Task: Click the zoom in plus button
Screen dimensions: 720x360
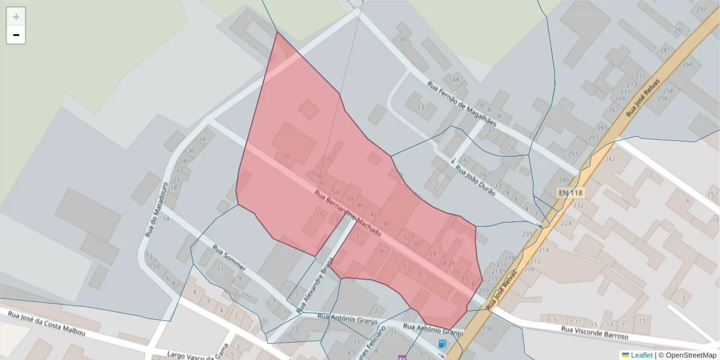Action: tap(16, 17)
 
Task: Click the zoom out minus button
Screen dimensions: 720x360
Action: tap(16, 35)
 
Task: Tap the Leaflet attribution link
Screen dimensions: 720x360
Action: tap(641, 355)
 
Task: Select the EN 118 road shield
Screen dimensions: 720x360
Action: tap(570, 193)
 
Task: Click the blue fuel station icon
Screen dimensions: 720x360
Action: tap(442, 344)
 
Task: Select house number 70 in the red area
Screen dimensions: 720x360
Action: tap(286, 157)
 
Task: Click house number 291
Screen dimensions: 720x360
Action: tap(679, 31)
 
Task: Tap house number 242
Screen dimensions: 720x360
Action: tap(610, 160)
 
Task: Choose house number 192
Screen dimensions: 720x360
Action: tap(487, 328)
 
